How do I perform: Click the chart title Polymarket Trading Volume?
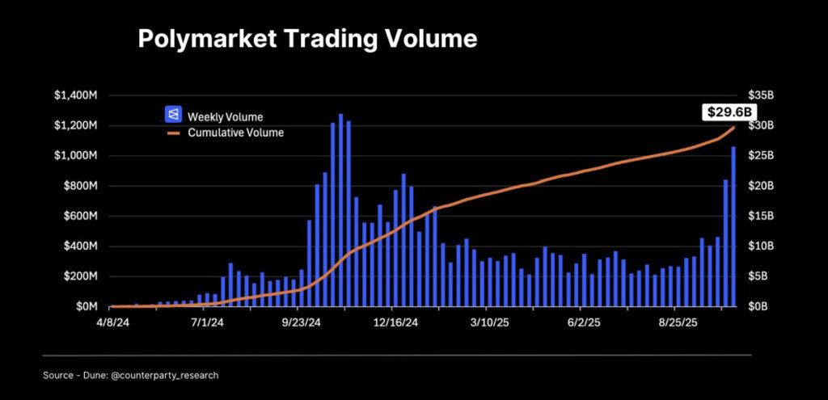tap(307, 39)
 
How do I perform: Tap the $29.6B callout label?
tap(724, 112)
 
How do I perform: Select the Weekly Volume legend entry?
tap(225, 116)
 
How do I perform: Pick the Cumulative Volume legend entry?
tap(235, 133)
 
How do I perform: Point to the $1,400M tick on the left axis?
tap(76, 95)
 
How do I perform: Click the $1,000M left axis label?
tap(76, 156)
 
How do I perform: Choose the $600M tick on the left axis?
tap(81, 217)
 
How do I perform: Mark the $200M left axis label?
tap(81, 276)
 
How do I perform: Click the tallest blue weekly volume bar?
tap(340, 210)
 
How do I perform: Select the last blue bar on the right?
tap(733, 226)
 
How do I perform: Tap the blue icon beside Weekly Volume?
tap(172, 116)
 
